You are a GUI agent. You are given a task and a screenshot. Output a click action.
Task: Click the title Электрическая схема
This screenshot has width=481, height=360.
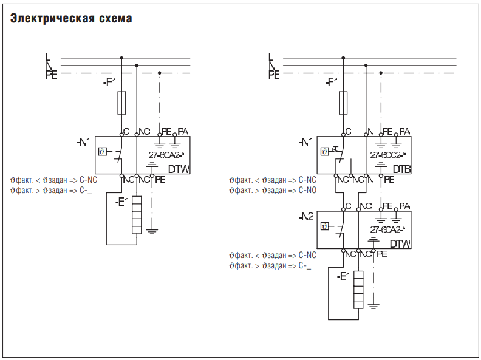(x=71, y=19)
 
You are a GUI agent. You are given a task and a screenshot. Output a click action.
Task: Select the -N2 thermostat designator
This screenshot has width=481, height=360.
(x=306, y=217)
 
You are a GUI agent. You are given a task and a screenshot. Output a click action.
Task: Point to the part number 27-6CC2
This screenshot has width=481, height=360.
(x=387, y=155)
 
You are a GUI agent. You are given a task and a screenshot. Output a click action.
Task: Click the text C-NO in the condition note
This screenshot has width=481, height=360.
(x=307, y=190)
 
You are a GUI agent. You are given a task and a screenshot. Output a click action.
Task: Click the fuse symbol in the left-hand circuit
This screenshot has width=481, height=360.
(x=121, y=103)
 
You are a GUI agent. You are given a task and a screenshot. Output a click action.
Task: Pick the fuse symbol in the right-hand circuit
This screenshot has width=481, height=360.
(x=343, y=103)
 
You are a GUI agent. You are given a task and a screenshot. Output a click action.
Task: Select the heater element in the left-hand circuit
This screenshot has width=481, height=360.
(x=137, y=215)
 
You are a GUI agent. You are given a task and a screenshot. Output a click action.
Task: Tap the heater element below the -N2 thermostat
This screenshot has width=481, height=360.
(x=358, y=290)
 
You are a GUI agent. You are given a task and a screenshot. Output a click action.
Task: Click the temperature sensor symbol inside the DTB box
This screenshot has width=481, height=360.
(x=324, y=150)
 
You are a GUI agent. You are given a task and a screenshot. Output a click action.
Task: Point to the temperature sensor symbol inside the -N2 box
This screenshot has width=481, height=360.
(x=324, y=226)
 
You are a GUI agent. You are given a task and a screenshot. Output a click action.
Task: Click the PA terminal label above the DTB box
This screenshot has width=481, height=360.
(x=404, y=131)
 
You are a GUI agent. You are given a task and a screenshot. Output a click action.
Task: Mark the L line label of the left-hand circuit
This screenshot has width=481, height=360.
(x=49, y=57)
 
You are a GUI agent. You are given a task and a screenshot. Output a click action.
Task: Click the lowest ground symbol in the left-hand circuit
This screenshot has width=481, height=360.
(x=151, y=231)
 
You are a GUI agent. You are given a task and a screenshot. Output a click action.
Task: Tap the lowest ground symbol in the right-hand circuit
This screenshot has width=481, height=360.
(x=374, y=304)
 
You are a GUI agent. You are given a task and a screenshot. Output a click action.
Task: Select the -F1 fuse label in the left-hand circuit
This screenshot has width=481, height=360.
(x=109, y=81)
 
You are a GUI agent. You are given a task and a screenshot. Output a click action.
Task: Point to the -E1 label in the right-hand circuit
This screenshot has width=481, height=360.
(x=343, y=277)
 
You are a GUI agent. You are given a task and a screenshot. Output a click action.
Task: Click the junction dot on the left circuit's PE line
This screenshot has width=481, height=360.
(x=160, y=73)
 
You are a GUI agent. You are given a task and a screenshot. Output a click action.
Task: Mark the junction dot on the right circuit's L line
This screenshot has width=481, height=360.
(x=343, y=58)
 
